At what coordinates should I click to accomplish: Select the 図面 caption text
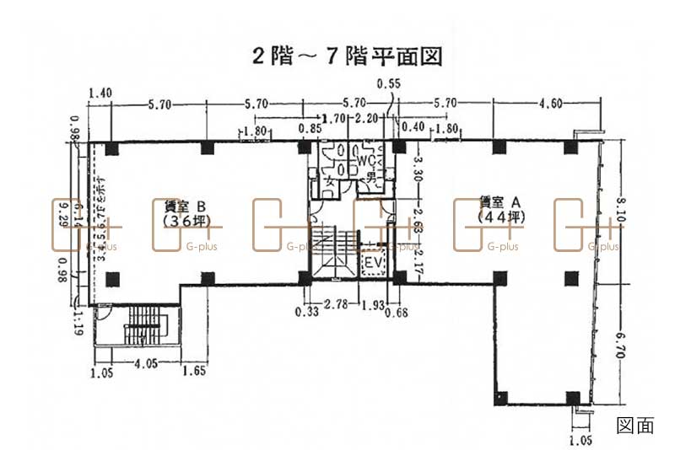(635, 426)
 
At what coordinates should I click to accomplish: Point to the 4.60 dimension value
(549, 104)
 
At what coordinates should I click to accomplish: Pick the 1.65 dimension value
(194, 368)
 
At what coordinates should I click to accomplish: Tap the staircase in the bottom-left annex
(141, 324)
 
